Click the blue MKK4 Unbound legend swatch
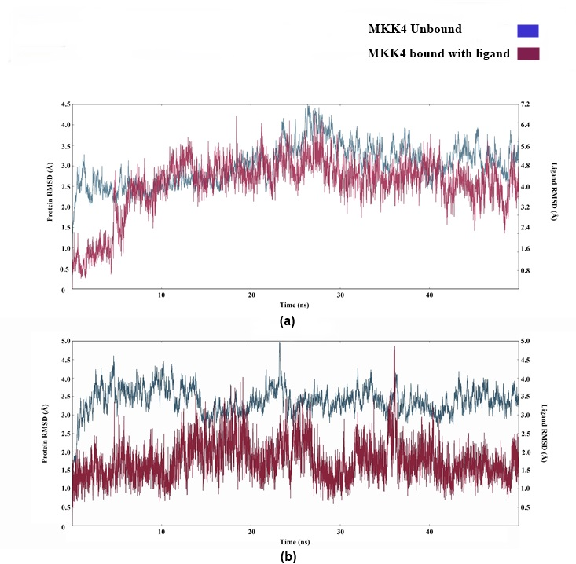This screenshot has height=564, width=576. pyautogui.click(x=527, y=31)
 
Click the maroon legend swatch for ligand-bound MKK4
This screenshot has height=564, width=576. pyautogui.click(x=527, y=54)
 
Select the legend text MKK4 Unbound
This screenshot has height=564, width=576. pyautogui.click(x=414, y=30)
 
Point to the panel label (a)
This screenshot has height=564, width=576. pyautogui.click(x=287, y=320)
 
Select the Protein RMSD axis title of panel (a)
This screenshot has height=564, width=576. pyautogui.click(x=50, y=196)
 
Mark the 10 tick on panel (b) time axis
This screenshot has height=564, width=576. pyautogui.click(x=162, y=532)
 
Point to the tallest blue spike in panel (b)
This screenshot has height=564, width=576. pyautogui.click(x=279, y=343)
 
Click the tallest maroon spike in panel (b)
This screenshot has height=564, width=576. pyautogui.click(x=394, y=347)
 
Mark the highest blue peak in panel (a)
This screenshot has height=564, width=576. pyautogui.click(x=307, y=106)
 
